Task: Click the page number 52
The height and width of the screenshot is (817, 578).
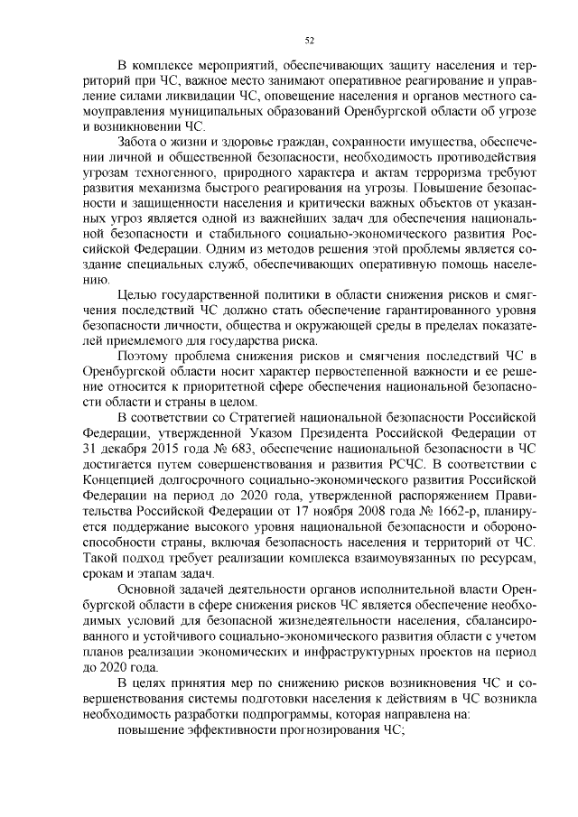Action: tap(310, 40)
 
